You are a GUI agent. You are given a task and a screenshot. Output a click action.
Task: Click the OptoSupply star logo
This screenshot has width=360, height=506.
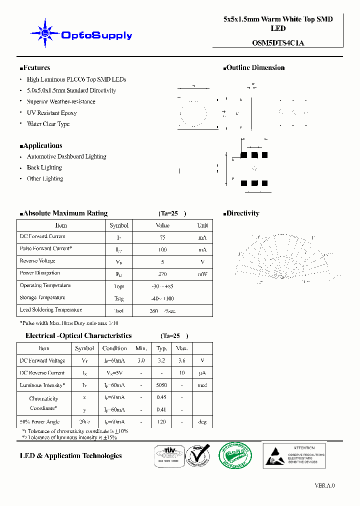(45, 33)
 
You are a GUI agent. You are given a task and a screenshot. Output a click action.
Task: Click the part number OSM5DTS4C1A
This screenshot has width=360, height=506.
(278, 42)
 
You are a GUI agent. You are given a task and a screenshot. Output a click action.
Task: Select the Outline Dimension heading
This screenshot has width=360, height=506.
(255, 67)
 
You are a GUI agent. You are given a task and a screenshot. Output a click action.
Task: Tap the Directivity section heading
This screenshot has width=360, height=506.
(242, 213)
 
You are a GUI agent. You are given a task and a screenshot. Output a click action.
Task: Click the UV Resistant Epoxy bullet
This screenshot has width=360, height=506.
(51, 113)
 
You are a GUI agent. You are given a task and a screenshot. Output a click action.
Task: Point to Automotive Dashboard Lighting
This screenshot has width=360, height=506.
(66, 156)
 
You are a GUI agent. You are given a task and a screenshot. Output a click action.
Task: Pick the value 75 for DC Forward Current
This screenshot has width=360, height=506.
(162, 238)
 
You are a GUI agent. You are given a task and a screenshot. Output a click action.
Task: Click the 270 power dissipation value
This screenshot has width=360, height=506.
(162, 274)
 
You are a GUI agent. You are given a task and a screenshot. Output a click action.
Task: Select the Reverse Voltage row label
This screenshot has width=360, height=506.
(37, 261)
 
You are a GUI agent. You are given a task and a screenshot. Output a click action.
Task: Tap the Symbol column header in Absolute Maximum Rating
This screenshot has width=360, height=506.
(119, 225)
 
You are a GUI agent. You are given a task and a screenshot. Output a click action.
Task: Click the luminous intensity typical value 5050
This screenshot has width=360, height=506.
(161, 385)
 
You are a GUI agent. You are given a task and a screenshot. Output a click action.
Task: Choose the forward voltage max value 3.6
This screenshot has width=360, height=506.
(182, 360)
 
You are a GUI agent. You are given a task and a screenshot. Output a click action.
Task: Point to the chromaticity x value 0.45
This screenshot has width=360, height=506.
(161, 397)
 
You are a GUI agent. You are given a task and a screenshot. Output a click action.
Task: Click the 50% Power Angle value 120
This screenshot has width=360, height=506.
(161, 422)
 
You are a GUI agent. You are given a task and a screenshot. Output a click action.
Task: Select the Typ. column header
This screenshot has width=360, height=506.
(161, 348)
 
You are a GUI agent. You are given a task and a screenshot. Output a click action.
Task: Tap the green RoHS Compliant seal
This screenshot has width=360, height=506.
(235, 455)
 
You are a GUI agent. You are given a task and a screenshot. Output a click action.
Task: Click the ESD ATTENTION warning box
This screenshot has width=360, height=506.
(294, 455)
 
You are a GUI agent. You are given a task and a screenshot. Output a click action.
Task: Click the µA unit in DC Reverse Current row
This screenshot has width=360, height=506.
(202, 373)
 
